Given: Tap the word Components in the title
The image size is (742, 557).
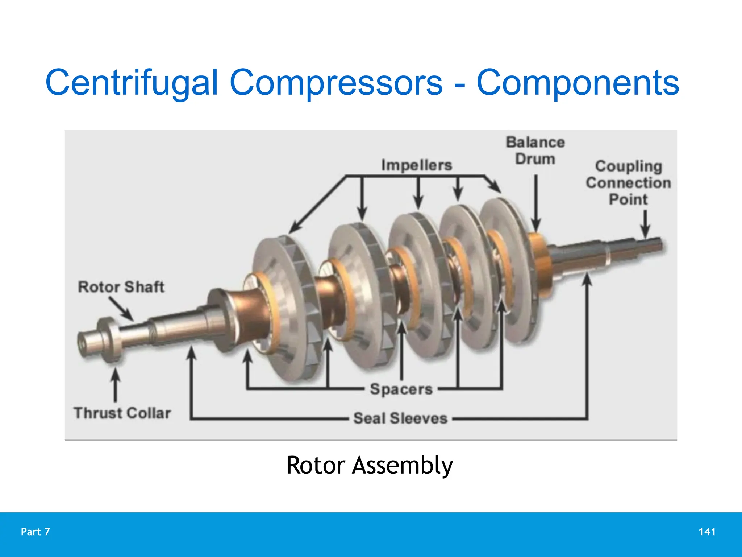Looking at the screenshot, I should [x=578, y=83].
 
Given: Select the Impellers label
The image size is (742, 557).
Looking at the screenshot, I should [x=417, y=165].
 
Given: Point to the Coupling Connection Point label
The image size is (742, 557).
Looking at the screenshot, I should [x=628, y=183].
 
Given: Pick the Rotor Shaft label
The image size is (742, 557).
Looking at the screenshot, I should [x=121, y=287].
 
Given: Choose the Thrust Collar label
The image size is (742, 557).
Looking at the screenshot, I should [x=122, y=413].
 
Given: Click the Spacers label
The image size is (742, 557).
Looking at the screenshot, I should [x=401, y=389].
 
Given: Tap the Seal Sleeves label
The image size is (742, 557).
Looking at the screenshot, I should [x=400, y=418].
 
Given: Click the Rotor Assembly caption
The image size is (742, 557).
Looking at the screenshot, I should [x=370, y=465].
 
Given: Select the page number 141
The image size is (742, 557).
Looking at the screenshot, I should [x=707, y=532].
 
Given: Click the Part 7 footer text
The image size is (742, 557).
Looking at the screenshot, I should [x=36, y=532].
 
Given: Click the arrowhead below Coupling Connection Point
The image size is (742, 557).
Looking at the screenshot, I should [x=645, y=232].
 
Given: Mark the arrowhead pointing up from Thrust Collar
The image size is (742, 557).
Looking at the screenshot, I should [x=116, y=374].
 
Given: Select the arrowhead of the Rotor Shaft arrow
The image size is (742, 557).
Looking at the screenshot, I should [x=129, y=316].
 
